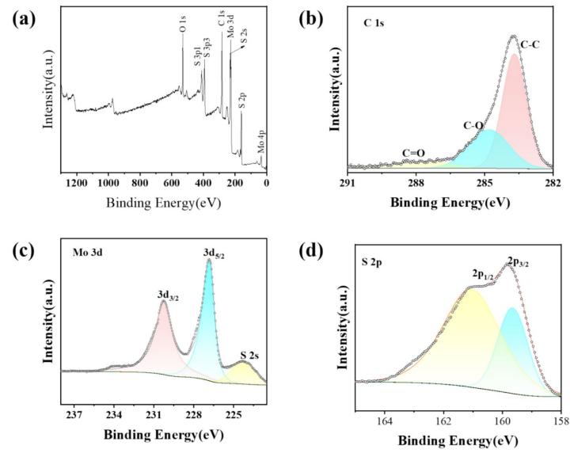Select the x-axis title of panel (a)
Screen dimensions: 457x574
tap(163, 203)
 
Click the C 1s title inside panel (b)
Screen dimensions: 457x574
tap(374, 24)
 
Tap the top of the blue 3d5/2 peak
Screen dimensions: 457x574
tap(208, 261)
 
